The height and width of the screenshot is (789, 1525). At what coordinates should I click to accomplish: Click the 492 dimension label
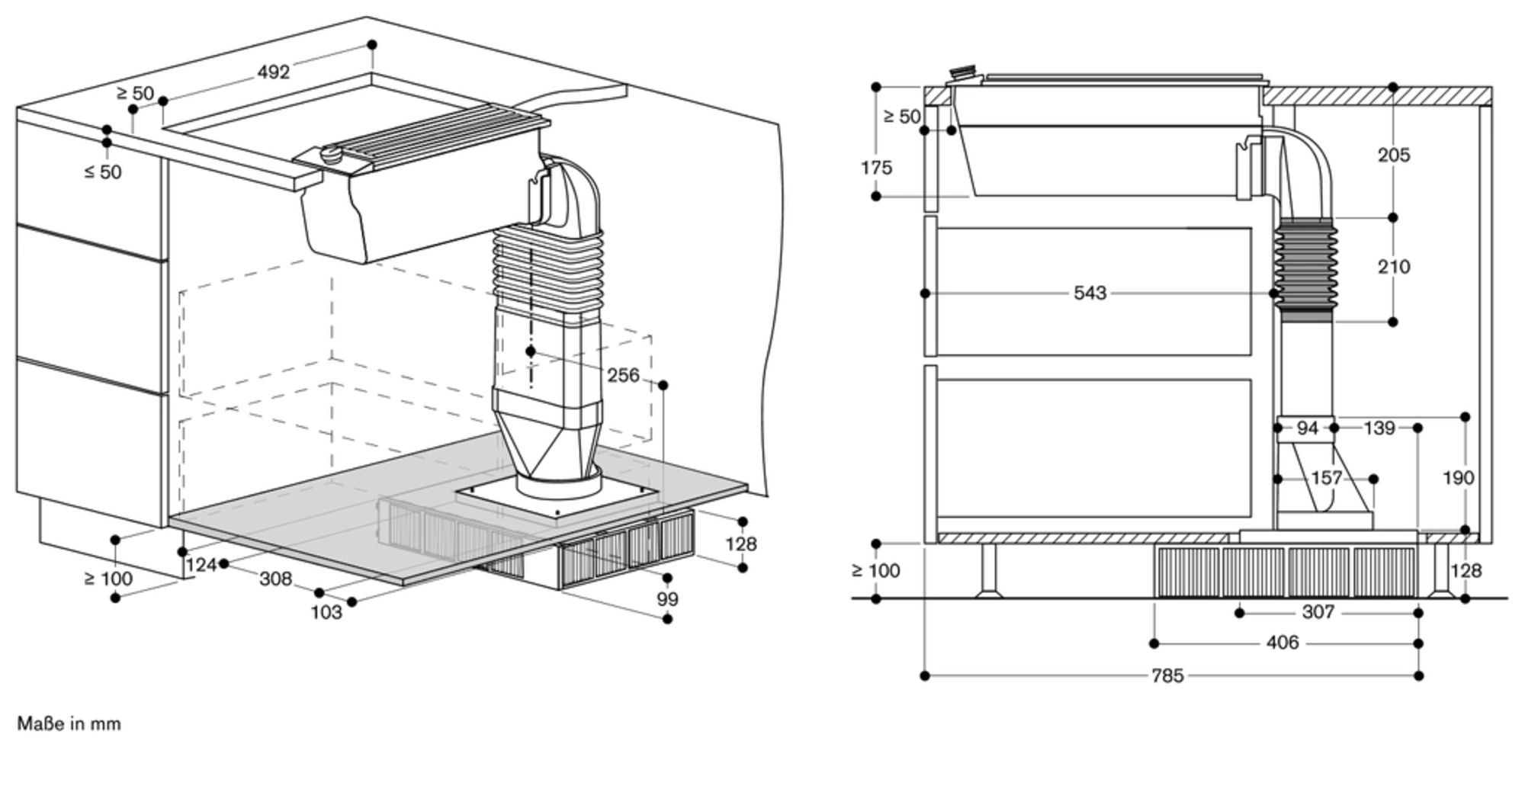point(274,72)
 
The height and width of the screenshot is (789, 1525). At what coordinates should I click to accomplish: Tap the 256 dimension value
point(623,375)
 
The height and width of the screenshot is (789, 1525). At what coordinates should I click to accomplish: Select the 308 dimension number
point(275,579)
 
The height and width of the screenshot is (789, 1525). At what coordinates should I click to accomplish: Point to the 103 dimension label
point(326,612)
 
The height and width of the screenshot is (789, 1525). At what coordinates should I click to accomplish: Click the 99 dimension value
point(667,599)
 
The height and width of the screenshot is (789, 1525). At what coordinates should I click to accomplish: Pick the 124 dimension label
point(201,565)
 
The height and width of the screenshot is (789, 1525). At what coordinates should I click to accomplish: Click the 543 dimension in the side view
point(1090,293)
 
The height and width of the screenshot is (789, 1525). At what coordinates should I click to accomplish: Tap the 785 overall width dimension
point(1167,675)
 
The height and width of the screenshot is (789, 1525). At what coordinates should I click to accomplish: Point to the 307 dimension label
point(1318,612)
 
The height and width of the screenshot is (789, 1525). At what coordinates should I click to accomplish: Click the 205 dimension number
point(1394,155)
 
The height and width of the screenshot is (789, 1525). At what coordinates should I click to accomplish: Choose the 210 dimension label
point(1394,267)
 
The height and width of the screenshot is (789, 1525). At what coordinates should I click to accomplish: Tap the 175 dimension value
point(876,168)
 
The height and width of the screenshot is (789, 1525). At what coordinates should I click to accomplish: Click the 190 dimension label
point(1459,478)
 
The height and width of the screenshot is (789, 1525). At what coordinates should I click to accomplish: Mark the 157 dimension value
point(1326,478)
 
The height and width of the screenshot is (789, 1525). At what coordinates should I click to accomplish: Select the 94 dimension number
point(1307,428)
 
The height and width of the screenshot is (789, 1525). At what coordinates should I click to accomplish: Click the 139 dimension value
point(1379,428)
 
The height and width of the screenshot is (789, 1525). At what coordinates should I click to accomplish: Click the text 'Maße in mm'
point(69,723)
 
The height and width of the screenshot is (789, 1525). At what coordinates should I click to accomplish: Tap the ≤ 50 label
point(102,172)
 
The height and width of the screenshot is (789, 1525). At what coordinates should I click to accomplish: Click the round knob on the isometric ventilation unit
point(332,152)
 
